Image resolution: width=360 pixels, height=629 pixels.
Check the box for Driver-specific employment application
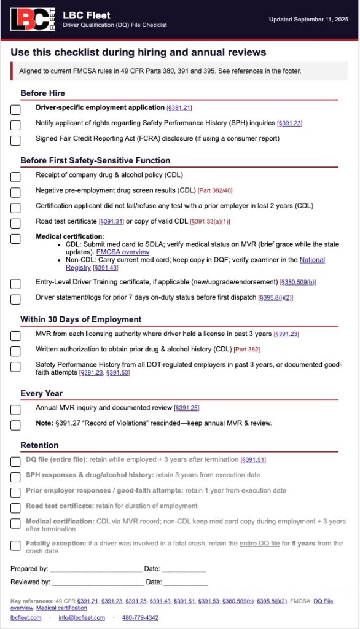[x=15, y=109]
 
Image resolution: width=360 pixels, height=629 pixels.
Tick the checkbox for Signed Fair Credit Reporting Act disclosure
[x=15, y=140]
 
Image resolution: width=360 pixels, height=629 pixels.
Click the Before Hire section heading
[x=42, y=93]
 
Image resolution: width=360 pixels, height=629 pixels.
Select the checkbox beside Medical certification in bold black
[x=15, y=238]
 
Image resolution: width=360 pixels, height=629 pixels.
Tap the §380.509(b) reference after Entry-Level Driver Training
[x=298, y=283]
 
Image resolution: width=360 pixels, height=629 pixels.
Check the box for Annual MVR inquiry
[x=15, y=410]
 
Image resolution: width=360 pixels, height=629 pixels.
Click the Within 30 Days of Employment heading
[x=80, y=319]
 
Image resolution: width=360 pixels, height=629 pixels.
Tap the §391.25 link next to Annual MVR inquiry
[x=187, y=408]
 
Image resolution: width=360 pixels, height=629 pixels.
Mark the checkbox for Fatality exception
[x=15, y=545]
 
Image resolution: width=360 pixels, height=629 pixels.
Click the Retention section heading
[x=39, y=445]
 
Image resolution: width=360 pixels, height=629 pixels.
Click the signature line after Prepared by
[x=96, y=569]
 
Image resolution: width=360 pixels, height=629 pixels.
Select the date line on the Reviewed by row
[x=186, y=582]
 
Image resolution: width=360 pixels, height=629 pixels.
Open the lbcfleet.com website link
[x=26, y=618]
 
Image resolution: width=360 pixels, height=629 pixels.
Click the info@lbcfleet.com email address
[x=82, y=618]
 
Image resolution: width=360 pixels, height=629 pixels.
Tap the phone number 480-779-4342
[x=140, y=618]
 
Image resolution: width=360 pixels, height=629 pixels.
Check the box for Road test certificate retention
[x=15, y=508]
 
